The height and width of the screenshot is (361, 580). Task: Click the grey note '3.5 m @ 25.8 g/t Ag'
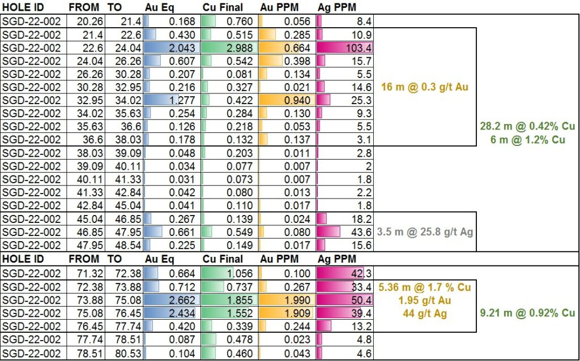426,231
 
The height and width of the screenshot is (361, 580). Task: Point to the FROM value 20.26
83,22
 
